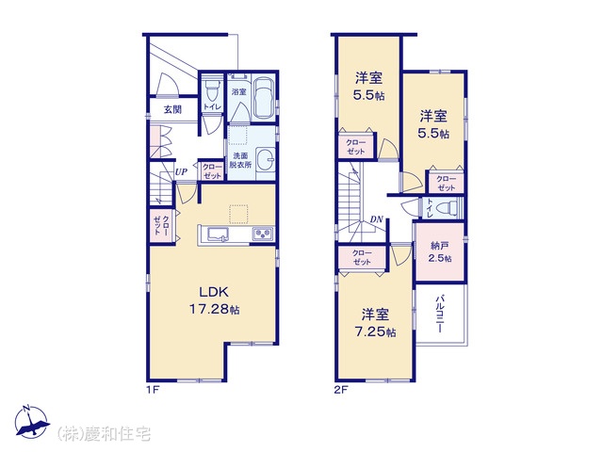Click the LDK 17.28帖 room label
(x=214, y=300)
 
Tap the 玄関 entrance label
(x=172, y=109)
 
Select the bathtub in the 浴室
(x=264, y=98)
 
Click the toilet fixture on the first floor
(x=211, y=89)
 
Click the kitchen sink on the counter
(x=218, y=234)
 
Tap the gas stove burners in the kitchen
(x=263, y=234)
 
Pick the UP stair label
(x=181, y=171)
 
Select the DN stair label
(x=377, y=219)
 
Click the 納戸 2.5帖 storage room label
(x=440, y=251)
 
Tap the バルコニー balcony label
(x=440, y=314)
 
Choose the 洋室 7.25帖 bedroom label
(x=375, y=323)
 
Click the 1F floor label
(x=153, y=390)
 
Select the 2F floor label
(x=341, y=390)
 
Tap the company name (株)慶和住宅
(x=104, y=433)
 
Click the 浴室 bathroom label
(x=238, y=92)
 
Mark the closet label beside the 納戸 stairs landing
(x=362, y=257)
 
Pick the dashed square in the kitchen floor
(x=239, y=214)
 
